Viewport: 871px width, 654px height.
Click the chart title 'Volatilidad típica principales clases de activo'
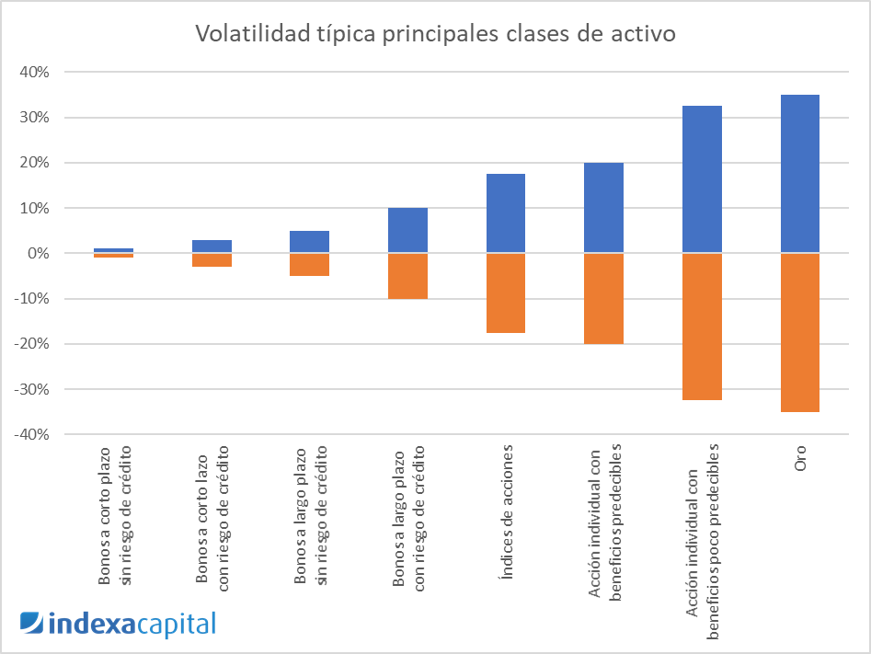coord(435,34)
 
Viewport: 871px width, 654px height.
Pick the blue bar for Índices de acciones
coord(505,213)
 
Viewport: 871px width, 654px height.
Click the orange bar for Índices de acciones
coord(505,293)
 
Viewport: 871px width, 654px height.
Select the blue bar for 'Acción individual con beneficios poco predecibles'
coord(702,179)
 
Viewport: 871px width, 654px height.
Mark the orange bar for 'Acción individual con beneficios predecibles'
coord(603,299)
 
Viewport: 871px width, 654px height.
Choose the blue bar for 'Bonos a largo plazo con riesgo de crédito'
coord(407,230)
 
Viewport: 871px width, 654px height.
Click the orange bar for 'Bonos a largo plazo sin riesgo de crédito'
coord(309,265)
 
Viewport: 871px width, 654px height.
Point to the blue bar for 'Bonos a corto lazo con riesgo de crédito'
coord(212,247)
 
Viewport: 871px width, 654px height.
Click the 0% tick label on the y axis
coord(38,253)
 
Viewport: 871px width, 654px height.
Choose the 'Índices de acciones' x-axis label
coord(506,498)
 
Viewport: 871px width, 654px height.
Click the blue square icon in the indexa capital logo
coord(31,623)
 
